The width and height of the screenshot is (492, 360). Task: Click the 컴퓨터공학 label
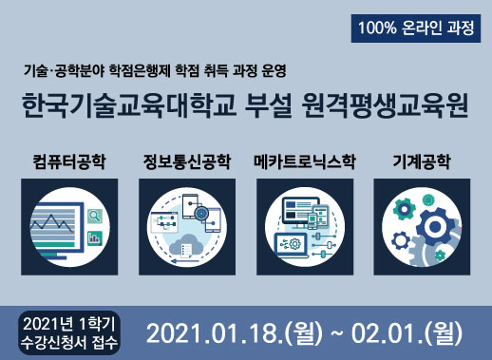pos(67,160)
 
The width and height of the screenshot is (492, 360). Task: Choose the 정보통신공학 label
pos(186,160)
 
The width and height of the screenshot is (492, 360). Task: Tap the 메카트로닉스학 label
pos(305,160)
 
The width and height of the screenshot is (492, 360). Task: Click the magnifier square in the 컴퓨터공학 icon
pos(94,216)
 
